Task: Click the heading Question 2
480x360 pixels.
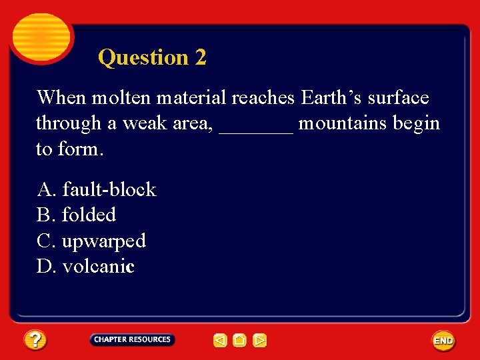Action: pyautogui.click(x=152, y=57)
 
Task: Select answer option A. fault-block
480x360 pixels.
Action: pyautogui.click(x=97, y=189)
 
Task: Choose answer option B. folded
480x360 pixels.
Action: pyautogui.click(x=77, y=215)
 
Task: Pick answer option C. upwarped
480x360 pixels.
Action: pyautogui.click(x=91, y=241)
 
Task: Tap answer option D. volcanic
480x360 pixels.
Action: pyautogui.click(x=86, y=267)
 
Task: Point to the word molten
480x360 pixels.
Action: pyautogui.click(x=121, y=98)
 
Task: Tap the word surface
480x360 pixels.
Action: pyautogui.click(x=398, y=98)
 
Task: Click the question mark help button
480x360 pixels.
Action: pyautogui.click(x=36, y=341)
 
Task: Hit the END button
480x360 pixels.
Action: pyautogui.click(x=443, y=341)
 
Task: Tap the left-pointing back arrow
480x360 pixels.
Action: pyautogui.click(x=220, y=341)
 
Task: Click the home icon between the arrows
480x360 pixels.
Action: pyautogui.click(x=240, y=341)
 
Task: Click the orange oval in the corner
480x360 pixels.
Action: pyautogui.click(x=41, y=37)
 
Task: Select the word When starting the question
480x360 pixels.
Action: pyautogui.click(x=61, y=98)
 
